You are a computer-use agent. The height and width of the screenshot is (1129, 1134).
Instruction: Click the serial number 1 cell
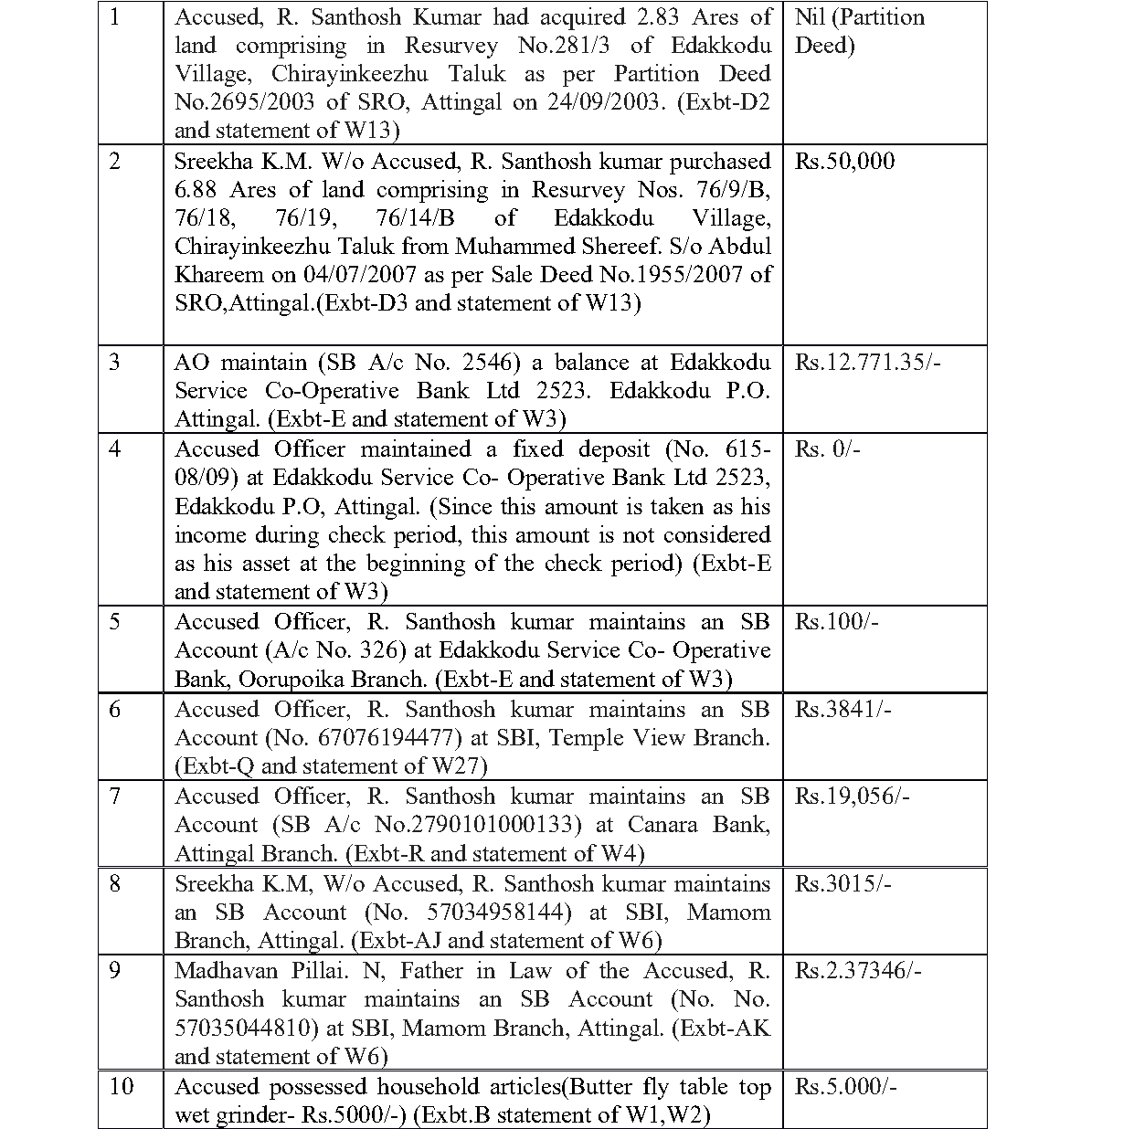pos(114,17)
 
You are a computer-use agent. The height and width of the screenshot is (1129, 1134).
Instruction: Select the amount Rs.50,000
pos(844,162)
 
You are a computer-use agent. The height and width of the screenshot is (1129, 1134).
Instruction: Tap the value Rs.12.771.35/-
pos(867,363)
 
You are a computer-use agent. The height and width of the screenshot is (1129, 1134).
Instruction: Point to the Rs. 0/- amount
pos(827,449)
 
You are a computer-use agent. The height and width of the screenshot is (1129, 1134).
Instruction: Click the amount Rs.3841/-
pos(843,710)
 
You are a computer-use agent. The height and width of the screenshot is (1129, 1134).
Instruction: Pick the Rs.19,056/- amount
pos(852,797)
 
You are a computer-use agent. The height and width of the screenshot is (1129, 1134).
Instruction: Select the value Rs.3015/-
pos(843,884)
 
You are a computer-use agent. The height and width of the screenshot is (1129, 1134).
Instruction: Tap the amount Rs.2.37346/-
pos(858,971)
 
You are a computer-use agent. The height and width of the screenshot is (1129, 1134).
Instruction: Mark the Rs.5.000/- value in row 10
pos(845,1087)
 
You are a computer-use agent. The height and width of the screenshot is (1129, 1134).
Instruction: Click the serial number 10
pos(121,1086)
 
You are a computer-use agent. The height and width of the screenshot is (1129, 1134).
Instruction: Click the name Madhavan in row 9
pos(218,971)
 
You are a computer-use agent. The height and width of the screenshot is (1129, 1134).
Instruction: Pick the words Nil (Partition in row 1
pos(859,17)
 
